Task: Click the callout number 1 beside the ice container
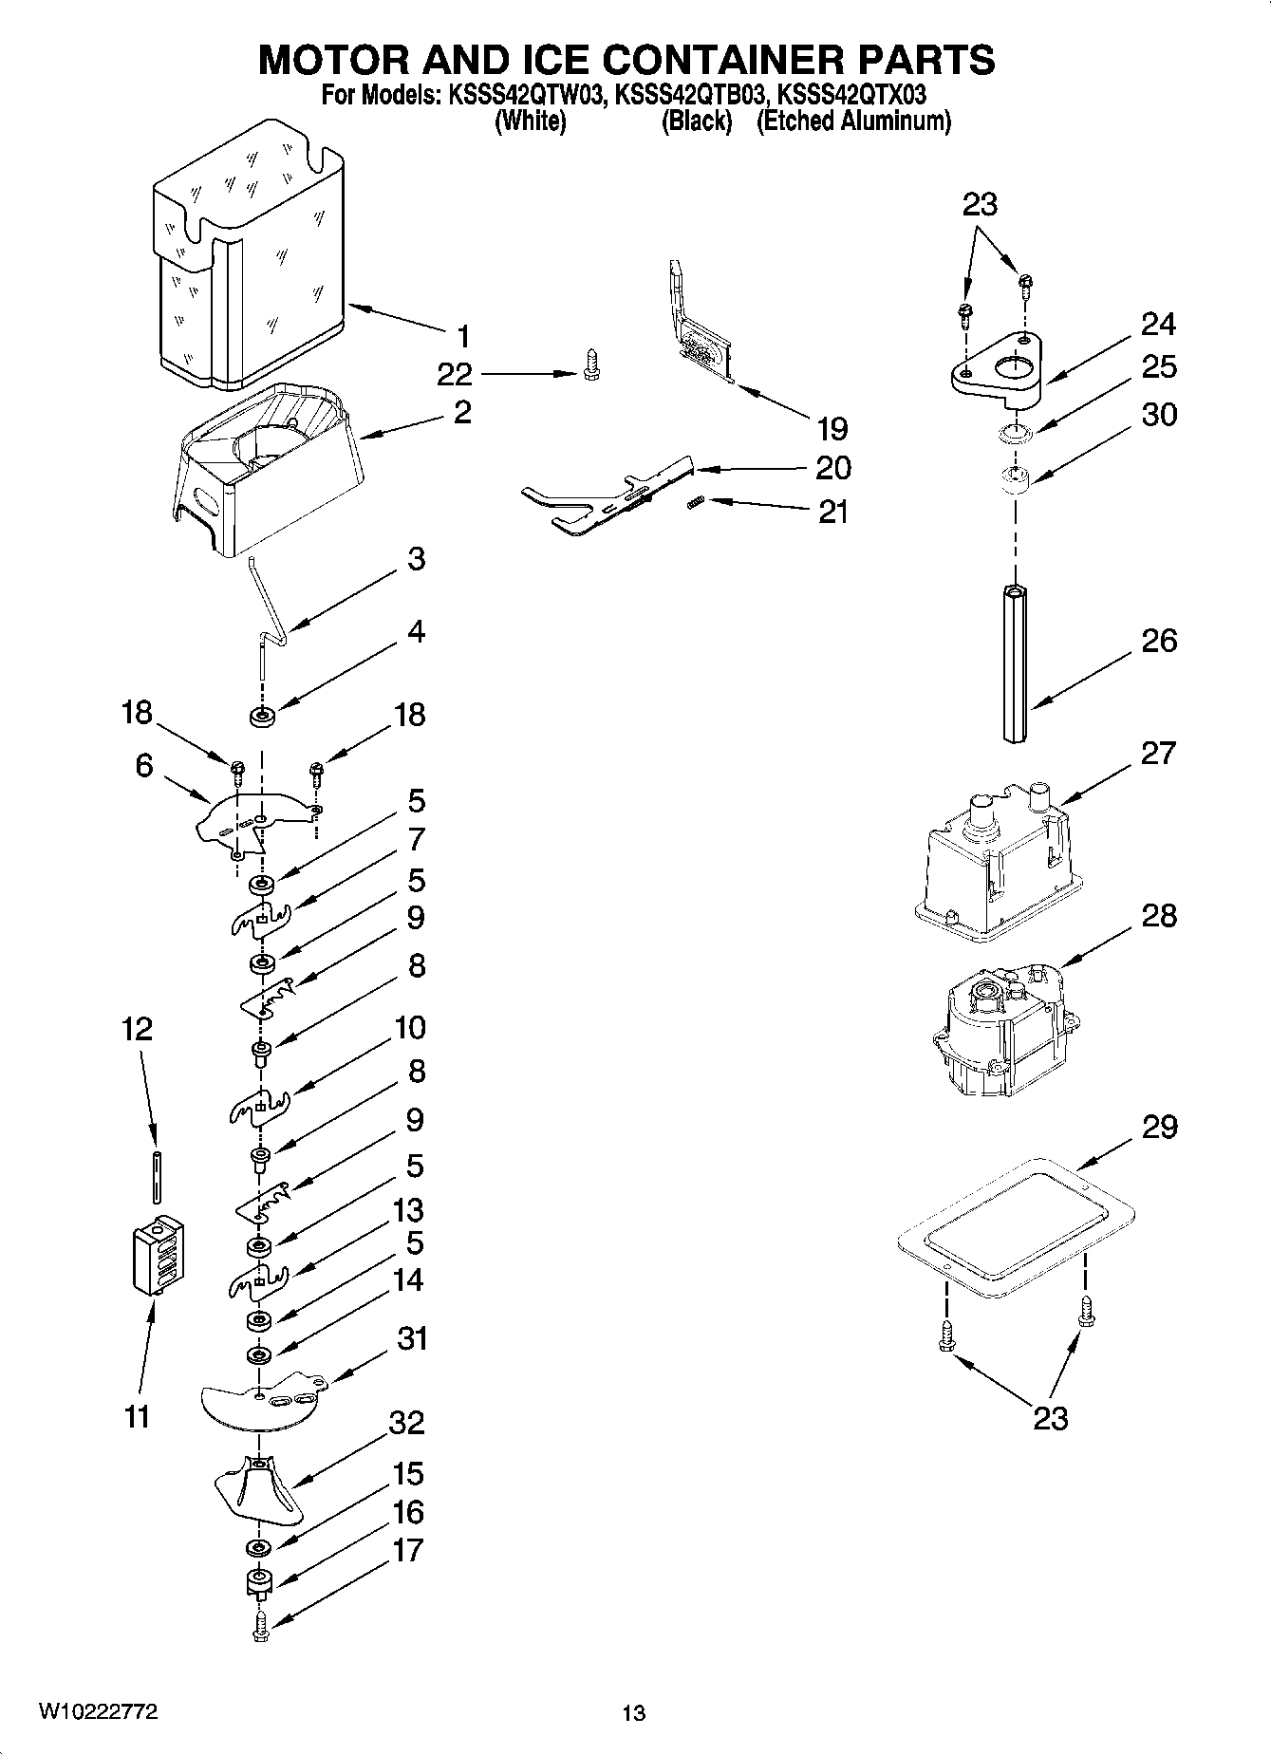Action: [x=462, y=336]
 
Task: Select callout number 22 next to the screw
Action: [x=455, y=374]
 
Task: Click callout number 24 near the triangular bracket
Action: [x=1158, y=325]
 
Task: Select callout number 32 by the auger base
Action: [x=406, y=1423]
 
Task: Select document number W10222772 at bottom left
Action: [x=99, y=1711]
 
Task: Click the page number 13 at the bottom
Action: [x=634, y=1713]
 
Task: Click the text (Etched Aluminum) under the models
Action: [x=852, y=121]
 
